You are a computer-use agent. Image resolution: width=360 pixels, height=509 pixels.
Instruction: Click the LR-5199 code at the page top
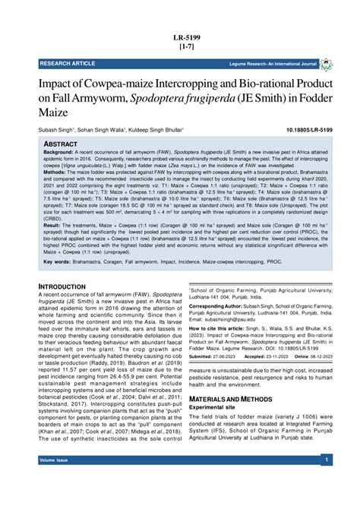pyautogui.click(x=180, y=36)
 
